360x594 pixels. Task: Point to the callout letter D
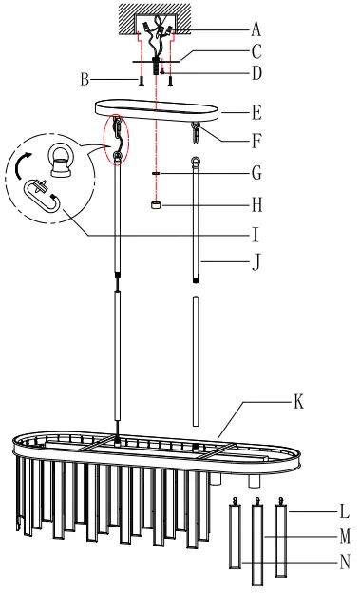pos(255,72)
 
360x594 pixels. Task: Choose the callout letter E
pos(255,111)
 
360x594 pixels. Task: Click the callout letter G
pos(255,174)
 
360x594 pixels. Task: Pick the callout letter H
pos(255,203)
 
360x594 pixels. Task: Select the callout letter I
pos(255,229)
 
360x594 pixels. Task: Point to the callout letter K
pos(298,403)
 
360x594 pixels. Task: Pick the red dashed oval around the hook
pos(117,139)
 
